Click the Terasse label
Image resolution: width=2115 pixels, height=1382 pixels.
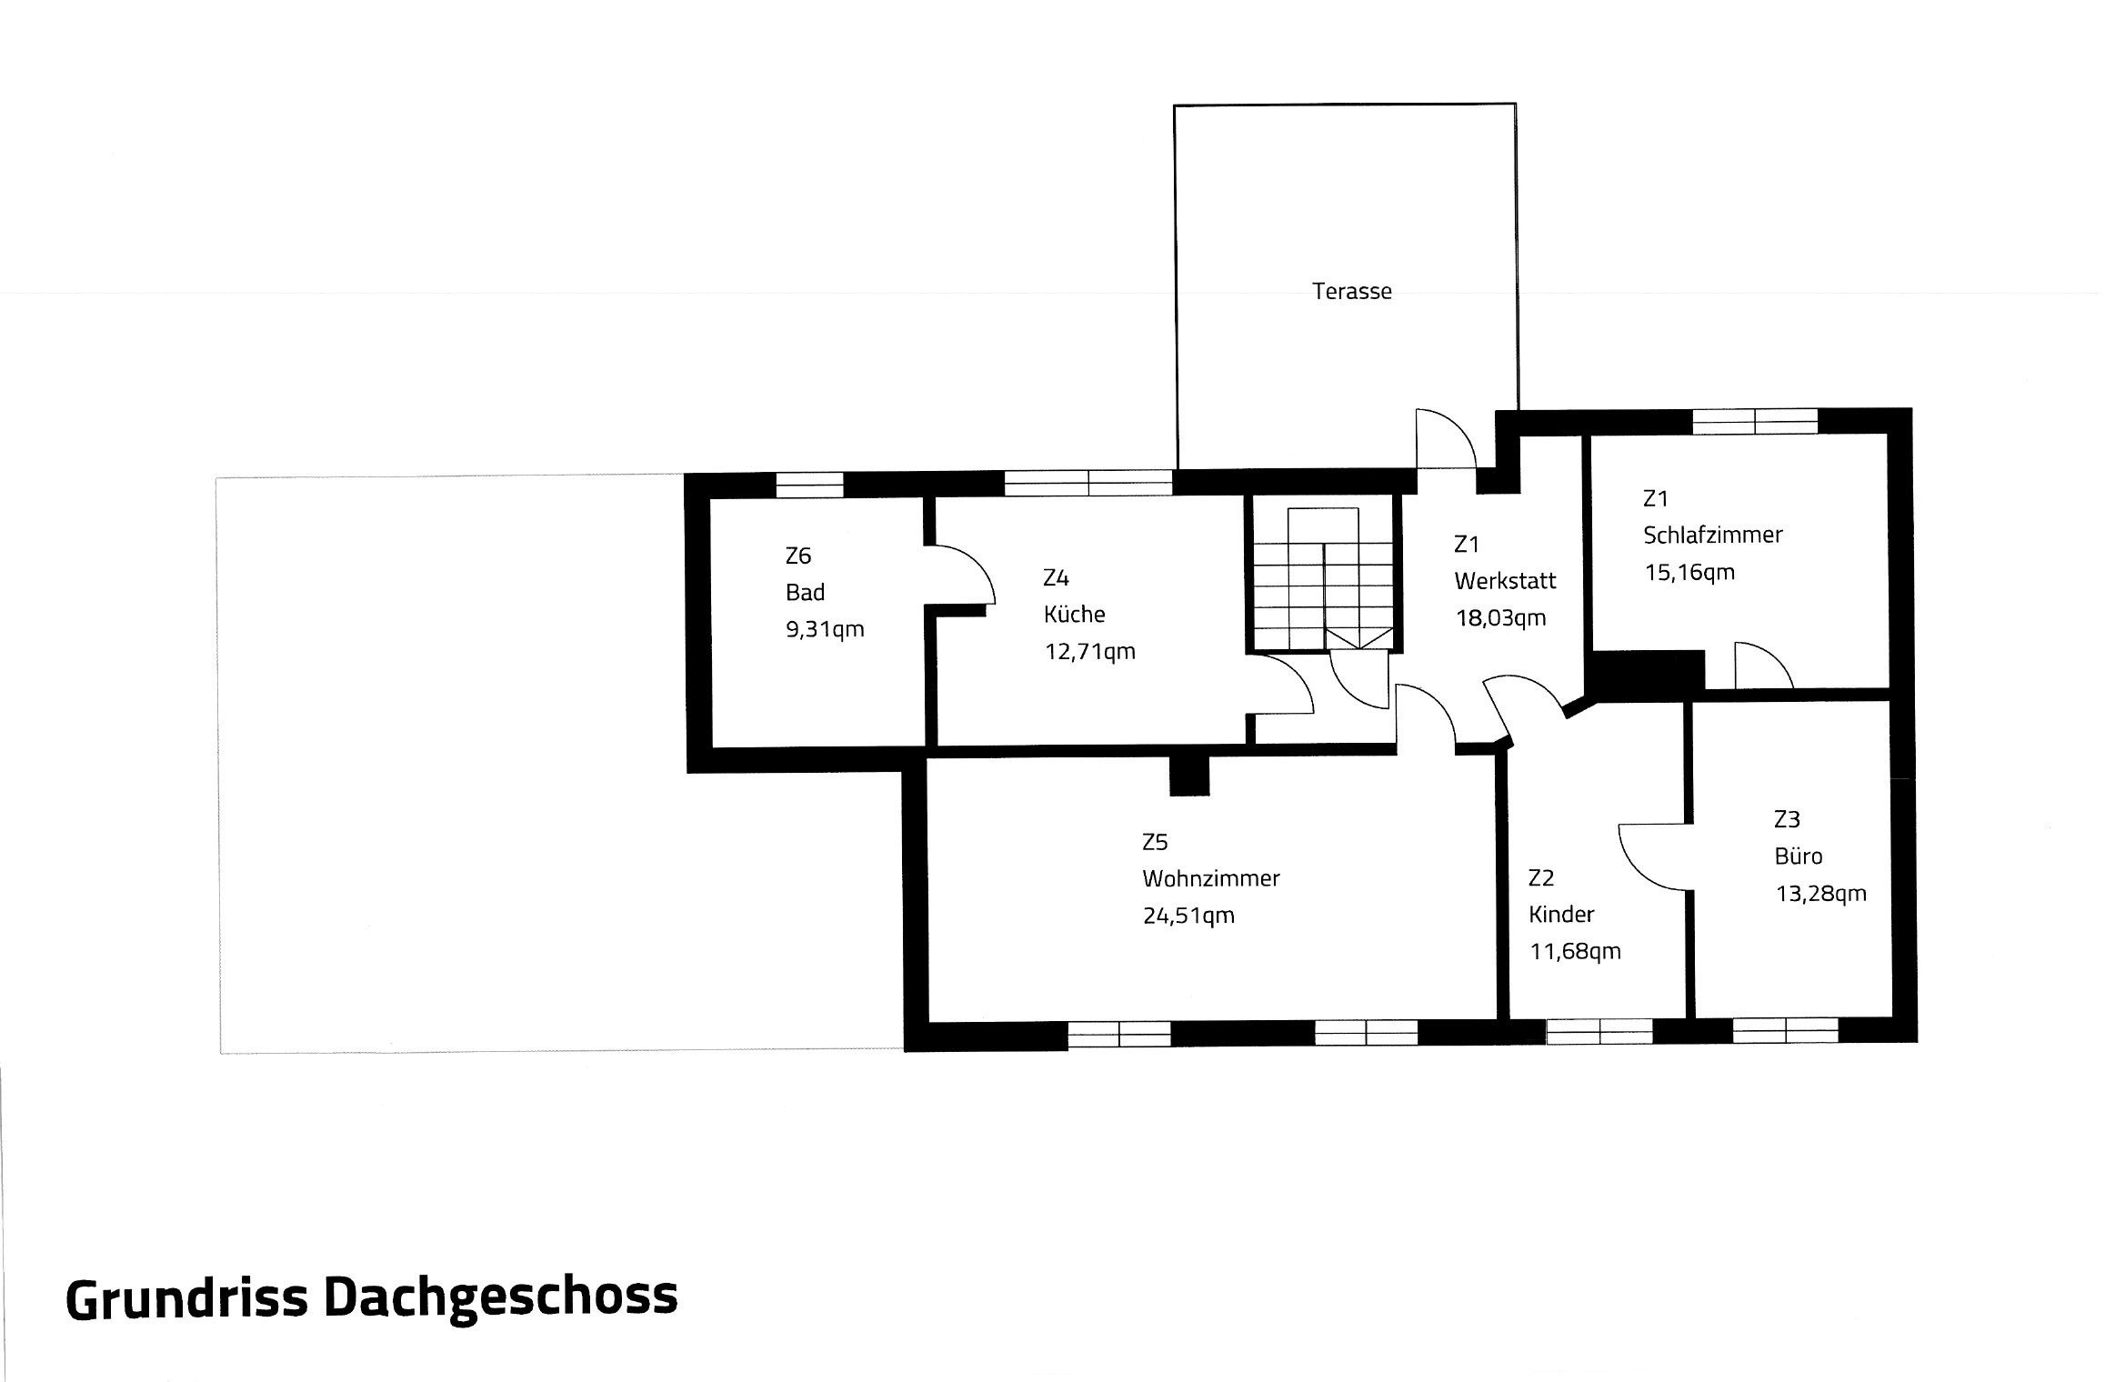1351,291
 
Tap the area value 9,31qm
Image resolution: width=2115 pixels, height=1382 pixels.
825,629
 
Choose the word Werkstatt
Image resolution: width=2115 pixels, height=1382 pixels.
1505,580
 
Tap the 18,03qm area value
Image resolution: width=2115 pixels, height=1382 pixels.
1500,618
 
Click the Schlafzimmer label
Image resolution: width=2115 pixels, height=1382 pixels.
1712,535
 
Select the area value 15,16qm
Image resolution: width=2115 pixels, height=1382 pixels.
1689,572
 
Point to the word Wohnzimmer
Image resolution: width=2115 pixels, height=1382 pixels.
1211,878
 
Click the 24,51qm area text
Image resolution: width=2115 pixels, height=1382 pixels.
1188,916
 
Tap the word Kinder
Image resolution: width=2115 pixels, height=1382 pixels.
1561,914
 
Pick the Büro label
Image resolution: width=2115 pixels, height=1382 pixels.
1798,856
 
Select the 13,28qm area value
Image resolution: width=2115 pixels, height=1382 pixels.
1821,894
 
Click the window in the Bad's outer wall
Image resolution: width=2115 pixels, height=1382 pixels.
809,486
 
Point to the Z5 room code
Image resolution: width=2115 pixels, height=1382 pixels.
1155,842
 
